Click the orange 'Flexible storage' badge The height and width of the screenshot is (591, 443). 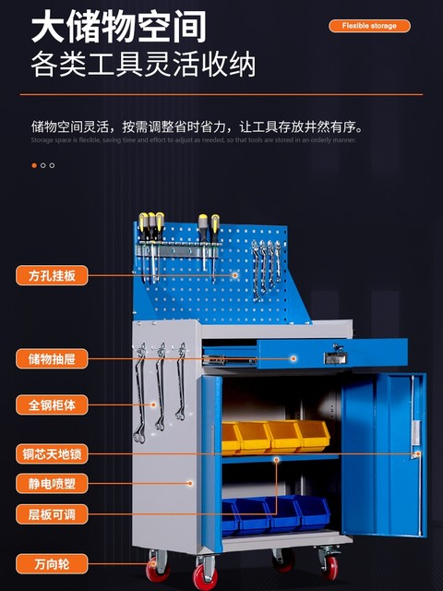coord(369,26)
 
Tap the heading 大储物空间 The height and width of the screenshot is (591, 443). coord(118,27)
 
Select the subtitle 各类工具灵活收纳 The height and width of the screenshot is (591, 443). coord(143,66)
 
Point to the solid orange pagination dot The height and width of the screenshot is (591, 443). coord(34,165)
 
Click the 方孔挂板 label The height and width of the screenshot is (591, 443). coord(51,274)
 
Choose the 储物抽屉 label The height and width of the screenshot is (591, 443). coord(51,358)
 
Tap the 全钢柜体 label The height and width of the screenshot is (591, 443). coord(51,404)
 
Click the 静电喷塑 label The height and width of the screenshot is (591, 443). coord(51,483)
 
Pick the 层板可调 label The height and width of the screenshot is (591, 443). coord(51,514)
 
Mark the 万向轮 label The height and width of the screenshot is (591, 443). coord(51,562)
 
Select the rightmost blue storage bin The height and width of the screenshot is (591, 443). coord(312,511)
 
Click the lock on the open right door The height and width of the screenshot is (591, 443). coord(417,453)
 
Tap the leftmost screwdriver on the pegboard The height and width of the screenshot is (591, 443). coord(144,235)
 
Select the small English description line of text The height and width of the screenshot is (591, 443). coord(194,139)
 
